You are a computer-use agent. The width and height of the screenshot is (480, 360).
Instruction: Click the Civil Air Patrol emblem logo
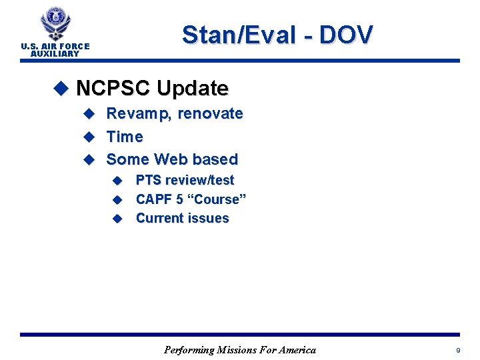tap(55, 25)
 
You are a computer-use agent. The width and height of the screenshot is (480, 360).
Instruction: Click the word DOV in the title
tap(346, 35)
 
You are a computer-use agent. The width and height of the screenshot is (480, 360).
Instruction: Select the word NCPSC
tap(113, 88)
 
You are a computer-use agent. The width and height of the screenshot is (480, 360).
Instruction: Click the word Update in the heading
tap(192, 88)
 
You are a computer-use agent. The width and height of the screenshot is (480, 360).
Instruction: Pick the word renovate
tap(210, 114)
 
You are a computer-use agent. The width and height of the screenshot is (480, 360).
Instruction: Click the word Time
tap(125, 137)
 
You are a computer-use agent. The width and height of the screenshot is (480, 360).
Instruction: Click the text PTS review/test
tap(185, 180)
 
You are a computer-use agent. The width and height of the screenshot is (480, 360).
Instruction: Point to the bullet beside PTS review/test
tap(117, 180)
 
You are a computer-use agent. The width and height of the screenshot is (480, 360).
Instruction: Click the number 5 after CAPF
tap(179, 199)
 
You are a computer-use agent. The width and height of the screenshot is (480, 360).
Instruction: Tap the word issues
tap(209, 218)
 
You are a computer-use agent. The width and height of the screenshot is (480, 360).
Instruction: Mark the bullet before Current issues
tap(117, 218)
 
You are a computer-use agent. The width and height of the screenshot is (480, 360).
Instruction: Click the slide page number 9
tap(457, 350)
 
